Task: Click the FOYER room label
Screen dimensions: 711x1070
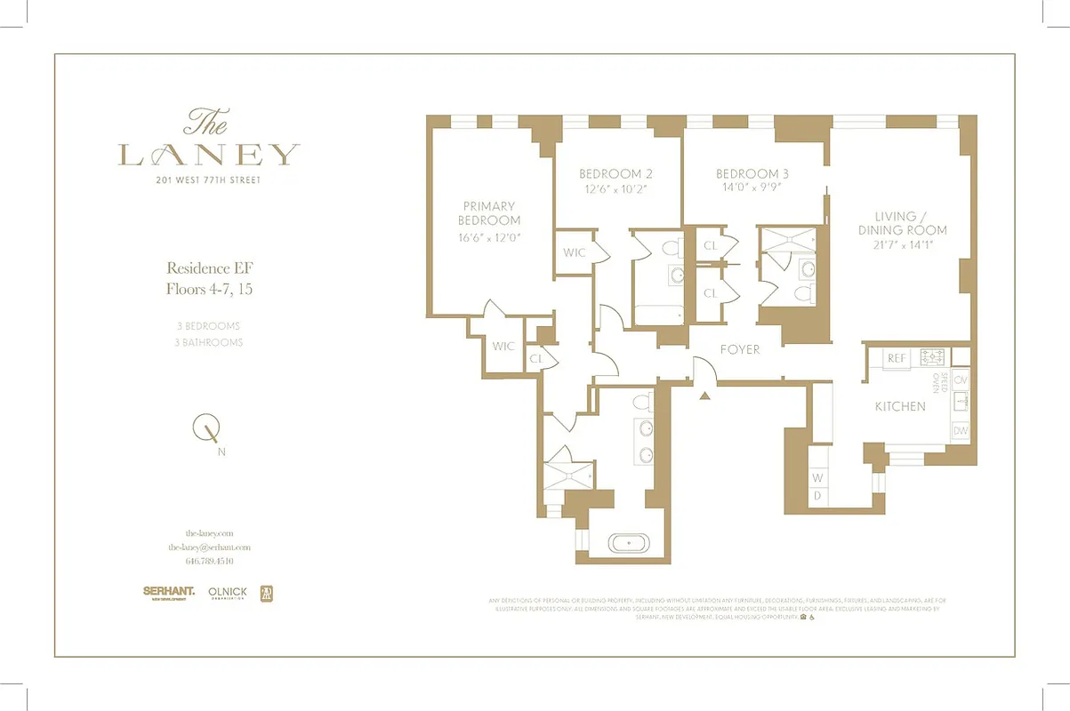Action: [740, 349]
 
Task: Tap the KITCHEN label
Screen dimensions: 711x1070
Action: [900, 406]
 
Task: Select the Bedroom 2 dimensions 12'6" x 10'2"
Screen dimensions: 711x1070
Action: [616, 189]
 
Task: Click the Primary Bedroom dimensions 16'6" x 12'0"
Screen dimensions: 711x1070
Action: [488, 237]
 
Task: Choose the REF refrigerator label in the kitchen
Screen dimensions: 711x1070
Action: [897, 358]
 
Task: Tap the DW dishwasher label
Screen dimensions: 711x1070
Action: [960, 431]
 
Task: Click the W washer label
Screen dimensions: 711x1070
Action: [817, 478]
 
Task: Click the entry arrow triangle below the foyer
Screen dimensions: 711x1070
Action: [704, 395]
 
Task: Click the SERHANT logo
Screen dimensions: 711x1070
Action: [169, 591]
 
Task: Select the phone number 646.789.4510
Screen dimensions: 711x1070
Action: [209, 562]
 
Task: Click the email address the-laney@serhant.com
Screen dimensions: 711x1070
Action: [209, 547]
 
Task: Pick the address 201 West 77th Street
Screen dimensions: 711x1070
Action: [209, 180]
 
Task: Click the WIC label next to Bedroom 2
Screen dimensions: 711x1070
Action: [575, 252]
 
